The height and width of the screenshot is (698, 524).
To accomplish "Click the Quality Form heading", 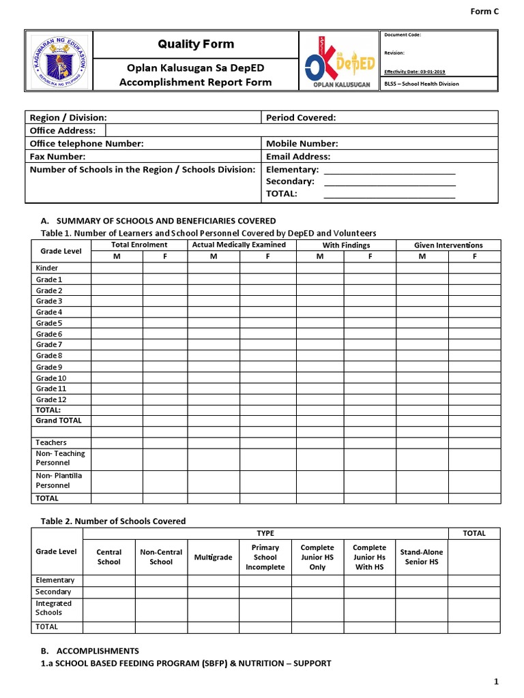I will (x=196, y=44).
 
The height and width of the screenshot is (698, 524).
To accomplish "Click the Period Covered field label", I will (x=301, y=118).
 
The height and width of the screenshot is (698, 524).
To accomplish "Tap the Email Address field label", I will (x=298, y=156).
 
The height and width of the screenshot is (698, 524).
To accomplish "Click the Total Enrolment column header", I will (x=139, y=245).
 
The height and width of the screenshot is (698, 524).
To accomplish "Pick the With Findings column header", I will (x=346, y=245).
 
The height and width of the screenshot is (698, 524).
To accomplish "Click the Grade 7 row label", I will (x=49, y=345).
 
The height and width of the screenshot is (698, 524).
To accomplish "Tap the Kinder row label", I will (x=47, y=269).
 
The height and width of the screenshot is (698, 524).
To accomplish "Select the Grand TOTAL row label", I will (x=59, y=421).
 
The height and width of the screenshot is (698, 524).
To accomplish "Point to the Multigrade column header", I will (x=213, y=558).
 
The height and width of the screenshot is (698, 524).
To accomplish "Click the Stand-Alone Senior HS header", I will (x=421, y=557).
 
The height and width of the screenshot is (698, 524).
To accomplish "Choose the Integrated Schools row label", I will (x=53, y=608).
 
